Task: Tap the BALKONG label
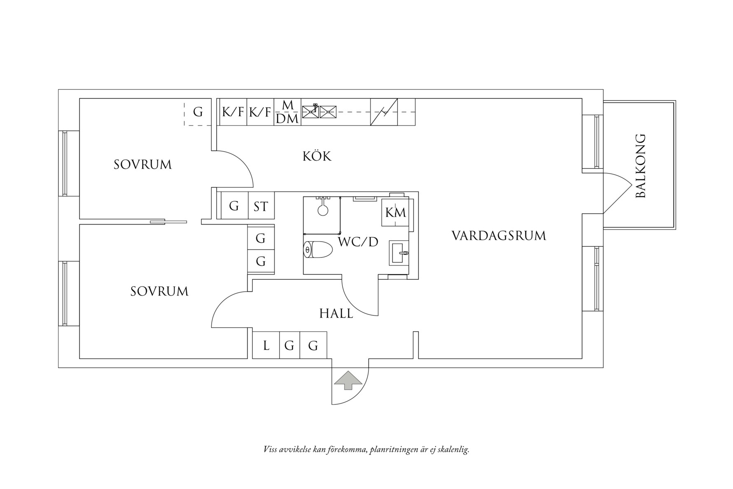point(640,166)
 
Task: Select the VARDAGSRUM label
point(499,236)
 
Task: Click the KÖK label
point(317,157)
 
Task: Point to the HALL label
point(336,314)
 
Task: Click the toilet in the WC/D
point(318,250)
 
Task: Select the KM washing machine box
point(395,213)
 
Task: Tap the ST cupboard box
point(261,206)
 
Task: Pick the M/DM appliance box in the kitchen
point(287,112)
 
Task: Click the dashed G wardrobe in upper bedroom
point(198,112)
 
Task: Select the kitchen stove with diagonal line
point(384,112)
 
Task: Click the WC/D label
point(358,242)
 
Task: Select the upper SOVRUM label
point(142,165)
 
